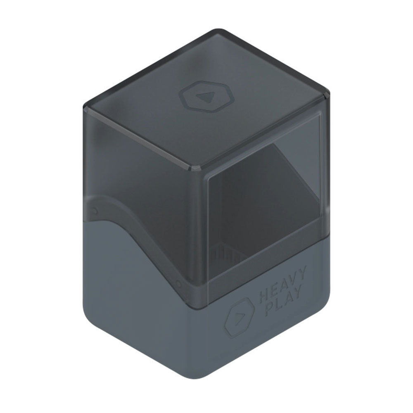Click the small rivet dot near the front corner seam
179,283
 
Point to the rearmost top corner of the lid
223,31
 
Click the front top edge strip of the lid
140,136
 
